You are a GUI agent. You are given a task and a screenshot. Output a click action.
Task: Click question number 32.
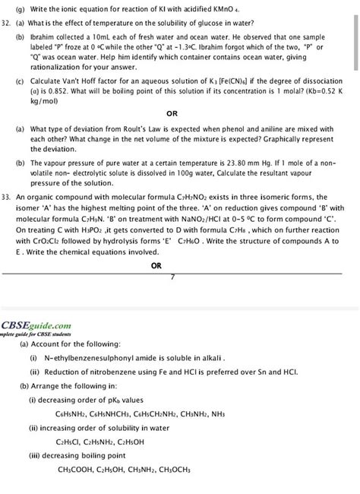pyautogui.click(x=9, y=24)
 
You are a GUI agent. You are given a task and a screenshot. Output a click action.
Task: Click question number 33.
pyautogui.click(x=9, y=195)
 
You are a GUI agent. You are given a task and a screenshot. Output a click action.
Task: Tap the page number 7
pyautogui.click(x=172, y=277)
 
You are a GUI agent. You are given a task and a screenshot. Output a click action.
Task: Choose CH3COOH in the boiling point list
pyautogui.click(x=80, y=469)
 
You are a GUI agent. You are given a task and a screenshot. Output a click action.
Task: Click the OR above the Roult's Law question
pyautogui.click(x=172, y=113)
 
